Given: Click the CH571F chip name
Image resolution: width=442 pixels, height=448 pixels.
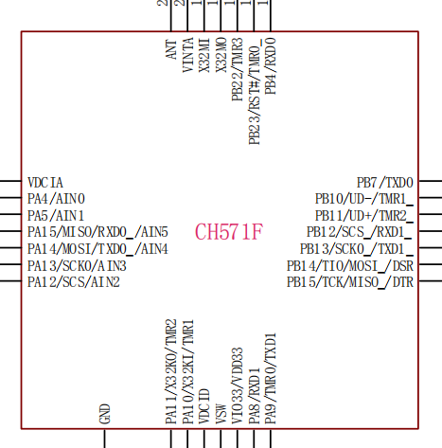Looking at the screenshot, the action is coord(229,232).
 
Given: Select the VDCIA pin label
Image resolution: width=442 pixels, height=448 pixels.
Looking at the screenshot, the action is coord(45,183).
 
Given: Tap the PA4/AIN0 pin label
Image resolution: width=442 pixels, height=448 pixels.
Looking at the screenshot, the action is coord(56,199).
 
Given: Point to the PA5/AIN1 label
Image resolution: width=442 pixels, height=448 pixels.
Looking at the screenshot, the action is coord(56,216).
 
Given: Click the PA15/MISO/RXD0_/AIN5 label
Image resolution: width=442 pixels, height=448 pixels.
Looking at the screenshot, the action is coord(97,232).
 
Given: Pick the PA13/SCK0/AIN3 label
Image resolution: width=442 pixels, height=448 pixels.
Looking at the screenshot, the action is coord(77,266).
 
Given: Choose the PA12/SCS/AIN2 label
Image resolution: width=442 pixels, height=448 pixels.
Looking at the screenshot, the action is coord(74,282).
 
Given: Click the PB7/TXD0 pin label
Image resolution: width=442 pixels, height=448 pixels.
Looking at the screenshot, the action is coord(385,183).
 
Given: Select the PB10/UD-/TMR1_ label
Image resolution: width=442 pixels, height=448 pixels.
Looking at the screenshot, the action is coord(364,199).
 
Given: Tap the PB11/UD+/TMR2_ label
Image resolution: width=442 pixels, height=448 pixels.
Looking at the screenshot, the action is coord(364,216).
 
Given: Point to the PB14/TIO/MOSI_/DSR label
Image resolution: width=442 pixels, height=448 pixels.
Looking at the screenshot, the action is coord(350,266).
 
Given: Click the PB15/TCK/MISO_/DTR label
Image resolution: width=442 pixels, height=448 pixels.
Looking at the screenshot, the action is coord(350,282).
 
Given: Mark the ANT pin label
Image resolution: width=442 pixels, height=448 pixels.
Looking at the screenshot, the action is coord(171,49).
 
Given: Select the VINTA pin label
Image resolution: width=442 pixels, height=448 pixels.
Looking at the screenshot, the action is coord(188,55).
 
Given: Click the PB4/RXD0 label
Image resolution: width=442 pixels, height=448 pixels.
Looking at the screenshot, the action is coord(271,66).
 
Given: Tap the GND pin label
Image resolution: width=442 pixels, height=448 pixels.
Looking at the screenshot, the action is coord(105,414).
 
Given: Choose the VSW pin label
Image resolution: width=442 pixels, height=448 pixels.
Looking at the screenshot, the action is coord(221,414).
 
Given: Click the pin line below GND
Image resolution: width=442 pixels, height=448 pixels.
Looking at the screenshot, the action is coord(104,439).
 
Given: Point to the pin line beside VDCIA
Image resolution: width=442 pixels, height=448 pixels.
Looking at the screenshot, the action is coord(10,181).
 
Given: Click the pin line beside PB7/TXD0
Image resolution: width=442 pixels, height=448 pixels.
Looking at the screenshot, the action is coord(431,181).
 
